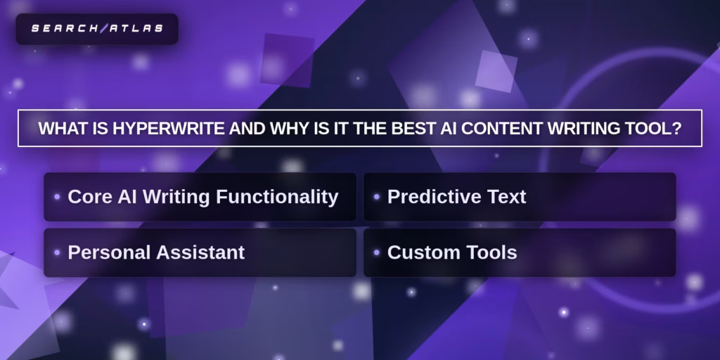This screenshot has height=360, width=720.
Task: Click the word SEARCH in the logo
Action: (65, 29)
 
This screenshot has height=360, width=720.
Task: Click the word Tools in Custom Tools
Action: (490, 252)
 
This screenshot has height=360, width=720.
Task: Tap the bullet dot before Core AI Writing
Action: (57, 197)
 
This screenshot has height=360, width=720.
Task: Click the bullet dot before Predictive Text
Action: (377, 197)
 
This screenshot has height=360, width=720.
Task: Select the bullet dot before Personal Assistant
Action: (57, 252)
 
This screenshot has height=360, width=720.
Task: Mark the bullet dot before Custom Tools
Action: (377, 252)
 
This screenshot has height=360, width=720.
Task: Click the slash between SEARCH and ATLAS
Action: (103, 29)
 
